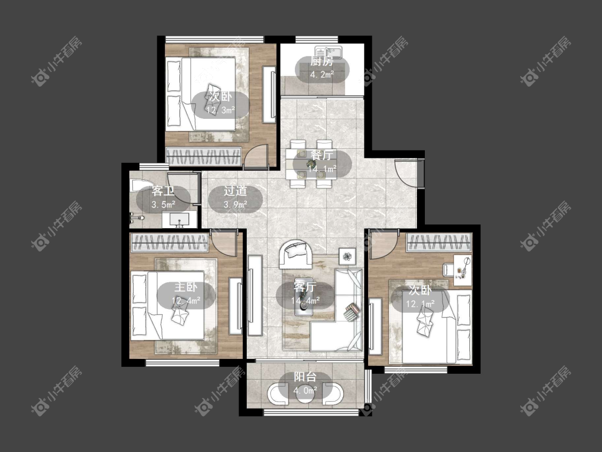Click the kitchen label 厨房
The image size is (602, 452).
click(322, 61)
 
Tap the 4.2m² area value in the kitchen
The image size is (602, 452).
click(322, 74)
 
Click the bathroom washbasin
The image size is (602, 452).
click(179, 220)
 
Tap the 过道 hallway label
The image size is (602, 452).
click(235, 191)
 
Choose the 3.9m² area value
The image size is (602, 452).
click(235, 205)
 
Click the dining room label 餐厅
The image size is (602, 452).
click(322, 155)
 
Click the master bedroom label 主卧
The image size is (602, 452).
click(186, 287)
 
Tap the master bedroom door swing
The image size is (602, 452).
click(223, 243)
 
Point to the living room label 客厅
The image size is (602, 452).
click(305, 287)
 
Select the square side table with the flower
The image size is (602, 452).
click(347, 257)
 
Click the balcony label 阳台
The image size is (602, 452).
click(305, 376)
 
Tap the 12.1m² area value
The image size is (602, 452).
click(421, 304)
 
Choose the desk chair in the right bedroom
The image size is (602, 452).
click(448, 269)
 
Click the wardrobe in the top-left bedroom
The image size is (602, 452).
click(203, 156)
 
